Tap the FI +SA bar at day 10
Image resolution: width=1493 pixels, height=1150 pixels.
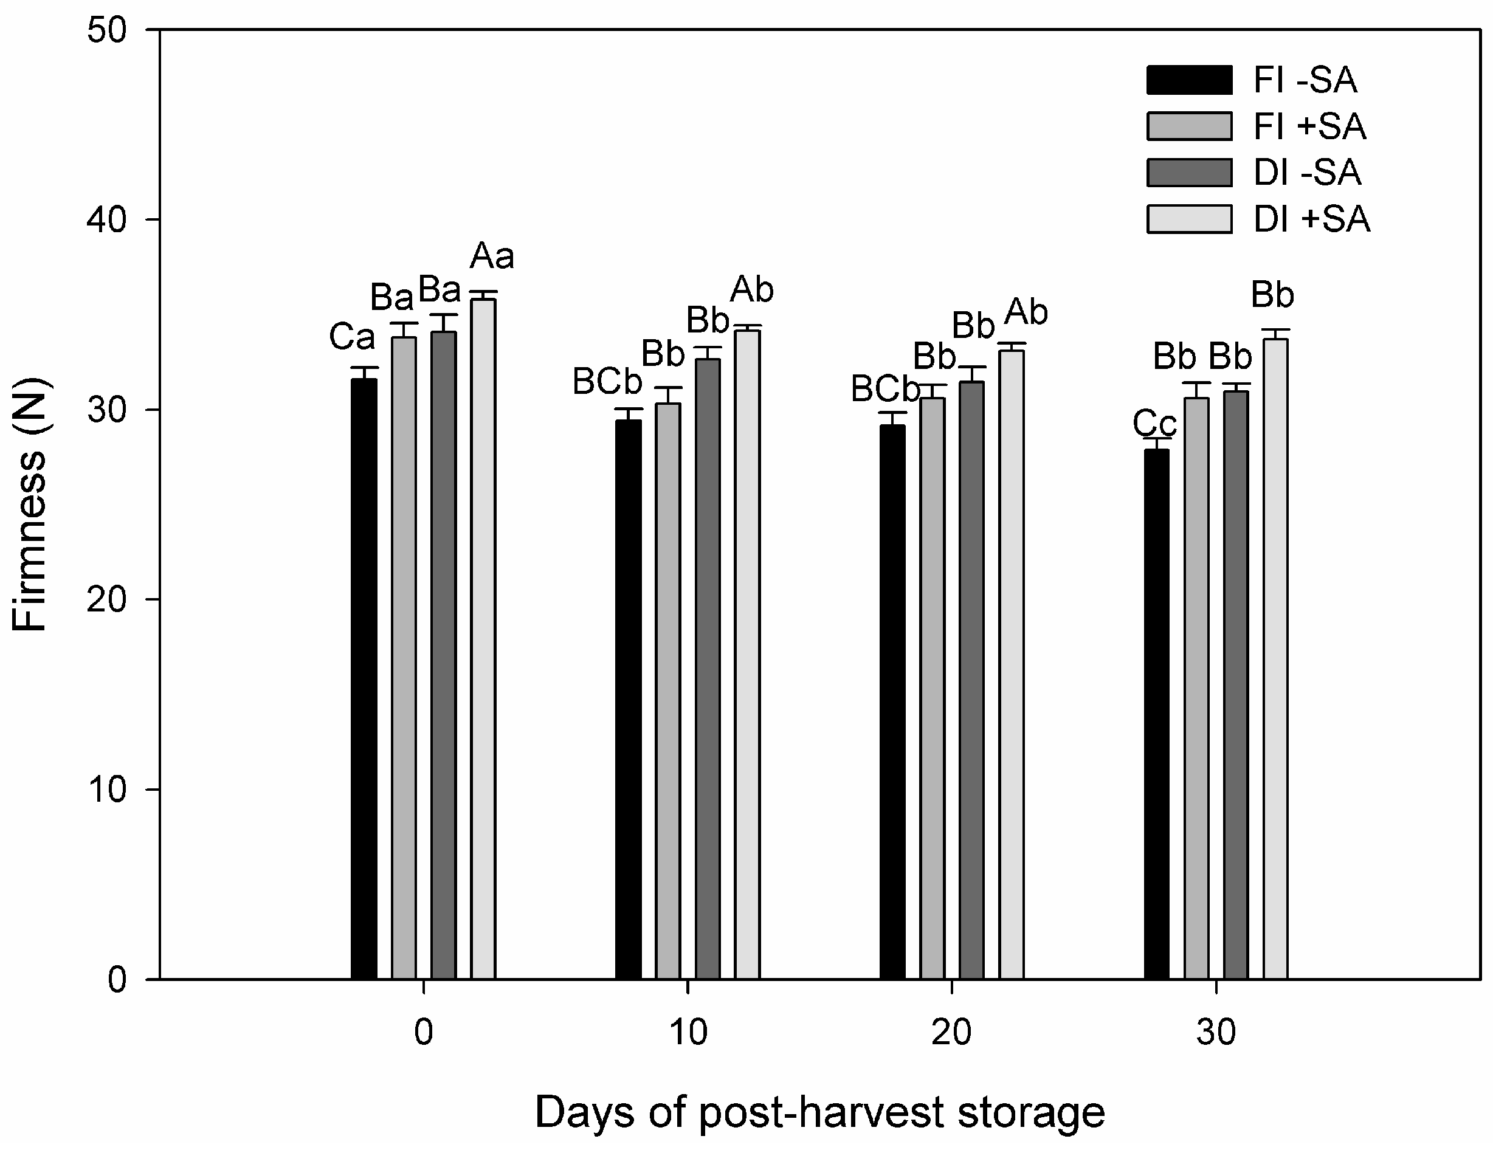[668, 690]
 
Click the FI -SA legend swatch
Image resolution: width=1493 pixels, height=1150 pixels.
[1189, 80]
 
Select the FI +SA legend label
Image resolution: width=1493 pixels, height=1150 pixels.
[1309, 126]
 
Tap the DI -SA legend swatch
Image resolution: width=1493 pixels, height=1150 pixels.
[1189, 172]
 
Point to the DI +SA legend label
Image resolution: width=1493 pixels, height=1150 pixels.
[1311, 219]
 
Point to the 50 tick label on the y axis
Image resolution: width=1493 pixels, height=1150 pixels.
[108, 31]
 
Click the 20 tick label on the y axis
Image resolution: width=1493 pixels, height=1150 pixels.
[108, 599]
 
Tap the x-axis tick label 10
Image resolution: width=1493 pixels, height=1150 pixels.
[688, 1033]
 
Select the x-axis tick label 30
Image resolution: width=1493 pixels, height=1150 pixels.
[1216, 1033]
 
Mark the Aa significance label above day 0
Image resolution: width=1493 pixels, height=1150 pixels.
[492, 257]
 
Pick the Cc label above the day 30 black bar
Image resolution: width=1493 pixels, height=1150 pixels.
[1154, 423]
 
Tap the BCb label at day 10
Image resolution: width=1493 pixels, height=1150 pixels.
[607, 382]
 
